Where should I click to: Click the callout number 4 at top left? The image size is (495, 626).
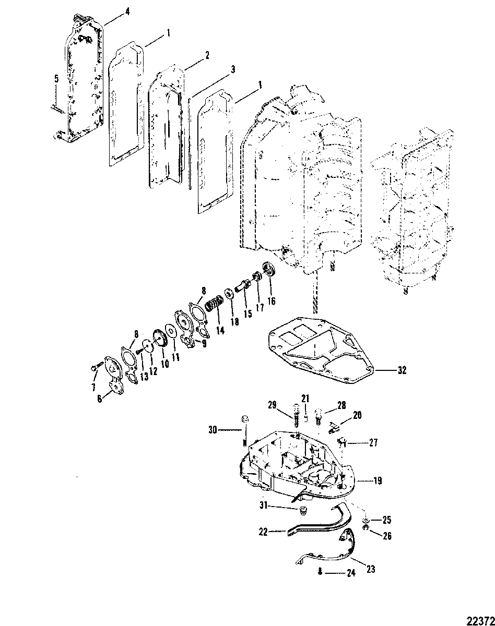click(x=127, y=11)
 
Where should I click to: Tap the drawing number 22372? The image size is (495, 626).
click(x=481, y=620)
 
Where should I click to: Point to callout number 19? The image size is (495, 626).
click(x=378, y=481)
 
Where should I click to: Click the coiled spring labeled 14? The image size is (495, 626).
click(x=214, y=303)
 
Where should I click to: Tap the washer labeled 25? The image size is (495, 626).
click(x=366, y=520)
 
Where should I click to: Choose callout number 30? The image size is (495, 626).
click(x=213, y=438)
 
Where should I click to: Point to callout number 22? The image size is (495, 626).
click(x=263, y=532)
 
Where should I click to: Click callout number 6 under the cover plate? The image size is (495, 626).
click(x=100, y=399)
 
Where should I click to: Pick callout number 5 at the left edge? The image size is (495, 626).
click(x=56, y=79)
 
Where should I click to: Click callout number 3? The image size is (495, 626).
click(x=233, y=69)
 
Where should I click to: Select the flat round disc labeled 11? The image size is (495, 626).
click(x=170, y=331)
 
